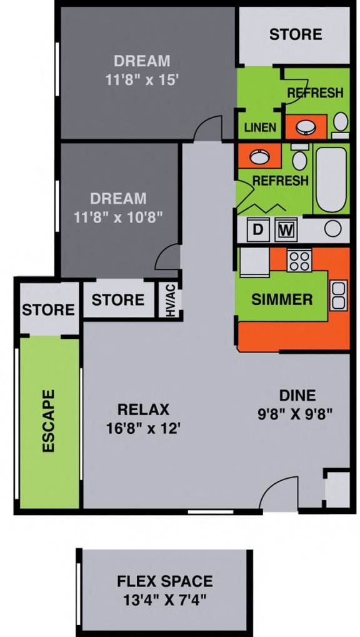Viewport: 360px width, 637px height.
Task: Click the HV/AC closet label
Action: coord(171,300)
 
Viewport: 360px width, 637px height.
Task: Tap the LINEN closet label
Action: coord(260,128)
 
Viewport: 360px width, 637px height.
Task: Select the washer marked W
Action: coord(286,229)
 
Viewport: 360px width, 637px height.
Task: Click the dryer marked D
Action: coord(257,229)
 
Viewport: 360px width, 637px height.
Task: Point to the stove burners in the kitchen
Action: coord(299,259)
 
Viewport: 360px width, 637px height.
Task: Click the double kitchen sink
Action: coord(338,295)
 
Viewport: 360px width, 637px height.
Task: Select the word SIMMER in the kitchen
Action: coord(282,299)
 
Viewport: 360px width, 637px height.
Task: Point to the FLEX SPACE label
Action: coord(165,581)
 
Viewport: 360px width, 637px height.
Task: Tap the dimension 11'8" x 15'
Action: coord(142,80)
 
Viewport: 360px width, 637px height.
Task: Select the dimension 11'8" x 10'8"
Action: coord(118,218)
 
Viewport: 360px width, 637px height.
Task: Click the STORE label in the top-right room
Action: coord(296,34)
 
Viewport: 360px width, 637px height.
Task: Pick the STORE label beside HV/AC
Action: coord(117,300)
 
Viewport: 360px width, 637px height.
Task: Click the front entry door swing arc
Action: coord(276,493)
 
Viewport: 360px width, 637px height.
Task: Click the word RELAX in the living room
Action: coord(144,409)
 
